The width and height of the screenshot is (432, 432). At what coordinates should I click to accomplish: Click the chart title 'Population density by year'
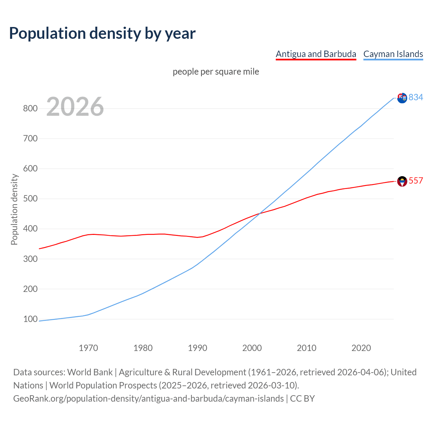102,33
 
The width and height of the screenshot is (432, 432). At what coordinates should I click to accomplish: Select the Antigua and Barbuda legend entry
316,54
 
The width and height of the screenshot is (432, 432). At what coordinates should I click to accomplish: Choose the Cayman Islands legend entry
393,54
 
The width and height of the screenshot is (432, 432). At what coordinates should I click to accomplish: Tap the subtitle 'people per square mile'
216,72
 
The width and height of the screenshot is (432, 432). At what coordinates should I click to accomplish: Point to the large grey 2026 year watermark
75,107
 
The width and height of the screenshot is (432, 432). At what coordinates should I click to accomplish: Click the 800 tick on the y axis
30,108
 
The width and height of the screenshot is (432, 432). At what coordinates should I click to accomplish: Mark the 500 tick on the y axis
30,198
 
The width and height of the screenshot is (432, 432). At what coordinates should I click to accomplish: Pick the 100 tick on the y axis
30,319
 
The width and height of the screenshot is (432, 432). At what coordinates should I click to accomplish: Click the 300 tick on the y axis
30,259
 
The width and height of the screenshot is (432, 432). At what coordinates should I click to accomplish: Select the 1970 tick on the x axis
88,348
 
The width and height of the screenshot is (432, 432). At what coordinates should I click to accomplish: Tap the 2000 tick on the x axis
252,348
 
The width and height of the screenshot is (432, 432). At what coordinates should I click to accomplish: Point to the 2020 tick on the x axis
361,348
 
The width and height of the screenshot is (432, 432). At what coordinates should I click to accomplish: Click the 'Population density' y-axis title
14,209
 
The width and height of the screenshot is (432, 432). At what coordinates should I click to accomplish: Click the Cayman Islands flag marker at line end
402,98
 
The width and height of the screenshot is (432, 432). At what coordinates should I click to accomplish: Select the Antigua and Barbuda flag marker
402,181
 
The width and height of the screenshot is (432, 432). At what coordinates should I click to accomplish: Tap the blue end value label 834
416,97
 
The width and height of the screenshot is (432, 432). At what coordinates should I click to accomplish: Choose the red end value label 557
416,181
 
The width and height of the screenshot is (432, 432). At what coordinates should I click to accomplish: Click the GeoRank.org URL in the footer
148,399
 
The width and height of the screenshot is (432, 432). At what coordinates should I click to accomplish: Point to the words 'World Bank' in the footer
90,372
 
